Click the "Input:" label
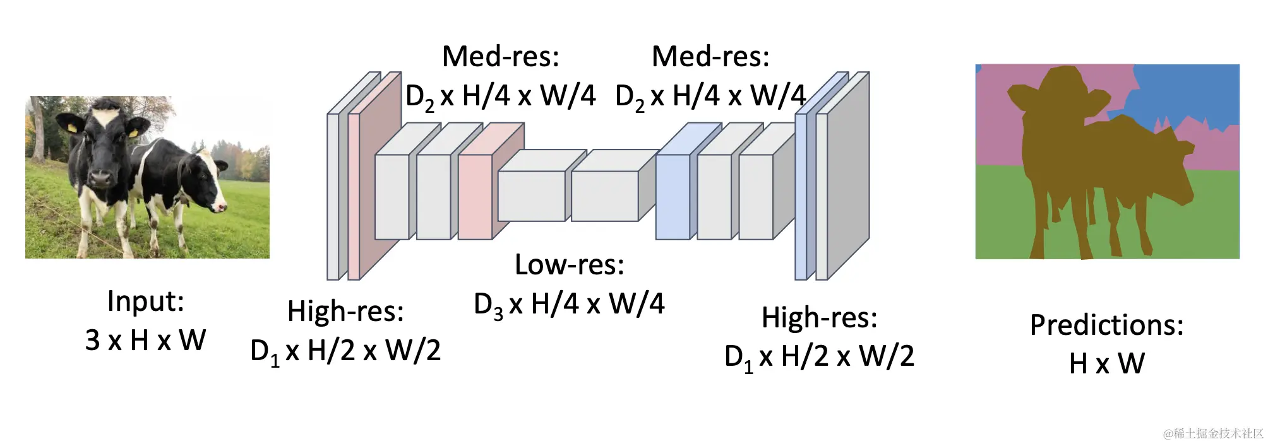pos(146,301)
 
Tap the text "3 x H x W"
pos(146,341)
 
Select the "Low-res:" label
pos(569,265)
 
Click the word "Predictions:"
pos(1106,325)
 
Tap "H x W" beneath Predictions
pos(1106,364)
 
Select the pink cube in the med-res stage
pos(475,196)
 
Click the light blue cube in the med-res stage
pos(672,196)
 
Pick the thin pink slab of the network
pos(354,196)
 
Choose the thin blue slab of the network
pos(801,196)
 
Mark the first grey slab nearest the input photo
pos(333,196)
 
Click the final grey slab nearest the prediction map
pos(822,196)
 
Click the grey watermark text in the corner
pos(1212,433)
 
